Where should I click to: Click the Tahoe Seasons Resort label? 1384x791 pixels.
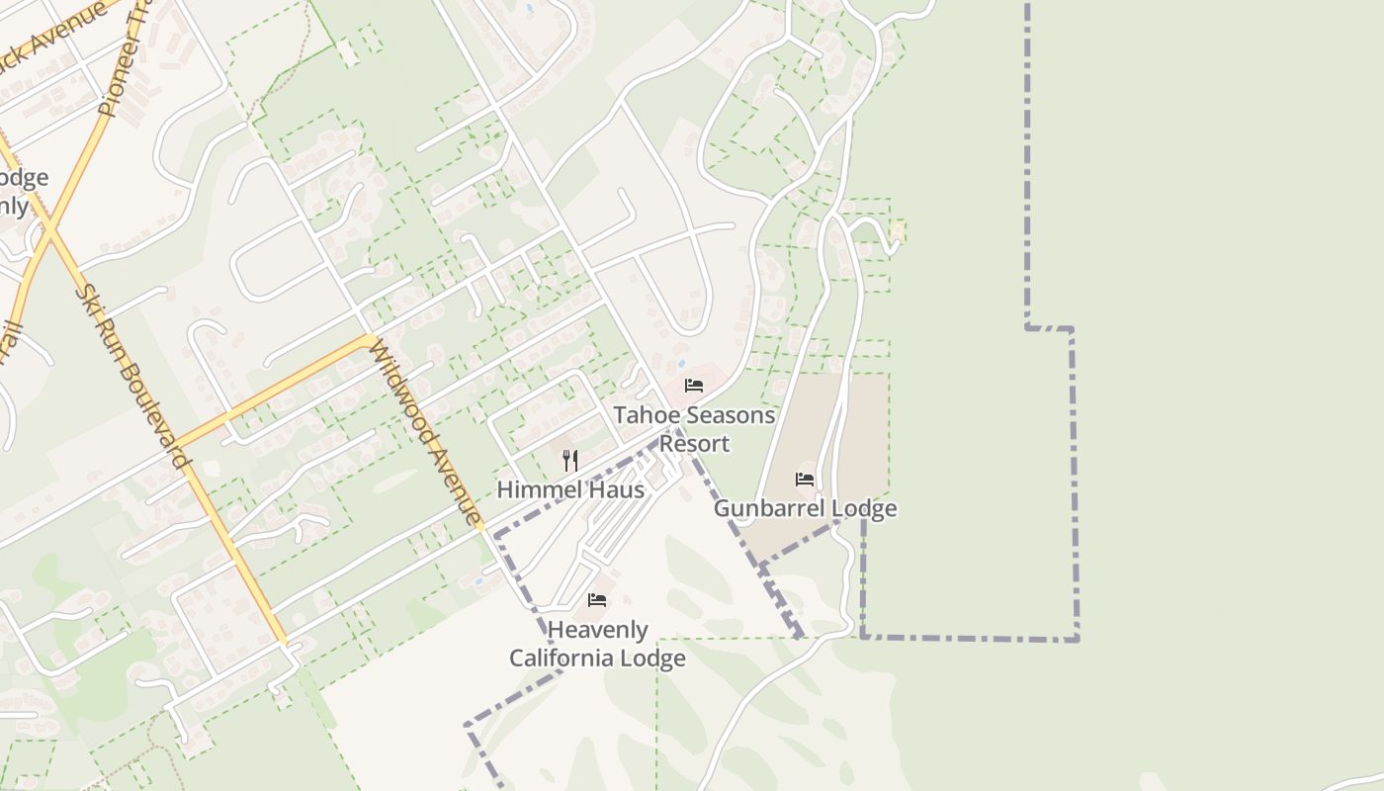click(x=694, y=429)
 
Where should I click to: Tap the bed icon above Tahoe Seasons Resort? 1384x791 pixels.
click(x=694, y=386)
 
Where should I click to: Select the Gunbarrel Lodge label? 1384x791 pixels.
click(x=805, y=508)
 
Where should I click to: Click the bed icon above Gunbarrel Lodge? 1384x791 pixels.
click(x=805, y=481)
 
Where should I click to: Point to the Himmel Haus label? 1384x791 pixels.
click(x=570, y=489)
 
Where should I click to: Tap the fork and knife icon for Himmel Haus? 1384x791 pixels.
click(x=569, y=460)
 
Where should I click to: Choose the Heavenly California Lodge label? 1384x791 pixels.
click(x=597, y=644)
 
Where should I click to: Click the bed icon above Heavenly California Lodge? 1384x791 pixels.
click(x=596, y=600)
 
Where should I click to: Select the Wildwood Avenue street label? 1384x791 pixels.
click(x=426, y=431)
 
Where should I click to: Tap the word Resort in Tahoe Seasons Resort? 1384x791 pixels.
click(x=694, y=444)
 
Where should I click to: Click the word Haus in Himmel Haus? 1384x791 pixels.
click(x=621, y=489)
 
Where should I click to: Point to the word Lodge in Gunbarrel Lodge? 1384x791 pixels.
click(x=863, y=508)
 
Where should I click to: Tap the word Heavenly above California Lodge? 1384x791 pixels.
click(x=597, y=630)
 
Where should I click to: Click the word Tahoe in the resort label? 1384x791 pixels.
click(x=644, y=415)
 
